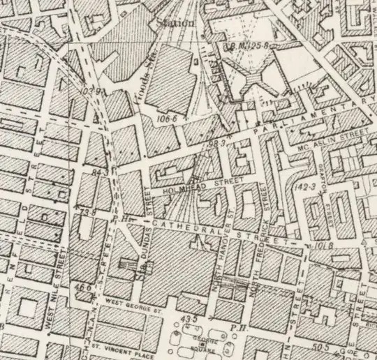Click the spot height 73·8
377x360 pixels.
pos(87,210)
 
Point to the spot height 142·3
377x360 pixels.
pos(305,186)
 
